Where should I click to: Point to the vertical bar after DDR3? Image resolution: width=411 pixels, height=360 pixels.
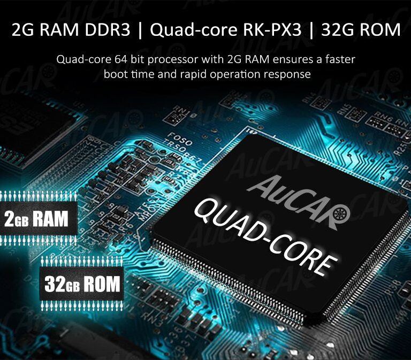140,30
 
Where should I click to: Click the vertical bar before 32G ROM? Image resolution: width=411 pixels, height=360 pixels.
311,30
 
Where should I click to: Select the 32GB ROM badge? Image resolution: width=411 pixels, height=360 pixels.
81,284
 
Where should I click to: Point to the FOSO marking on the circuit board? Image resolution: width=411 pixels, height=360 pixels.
180,139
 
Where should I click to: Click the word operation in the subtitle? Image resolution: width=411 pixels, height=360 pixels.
235,75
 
